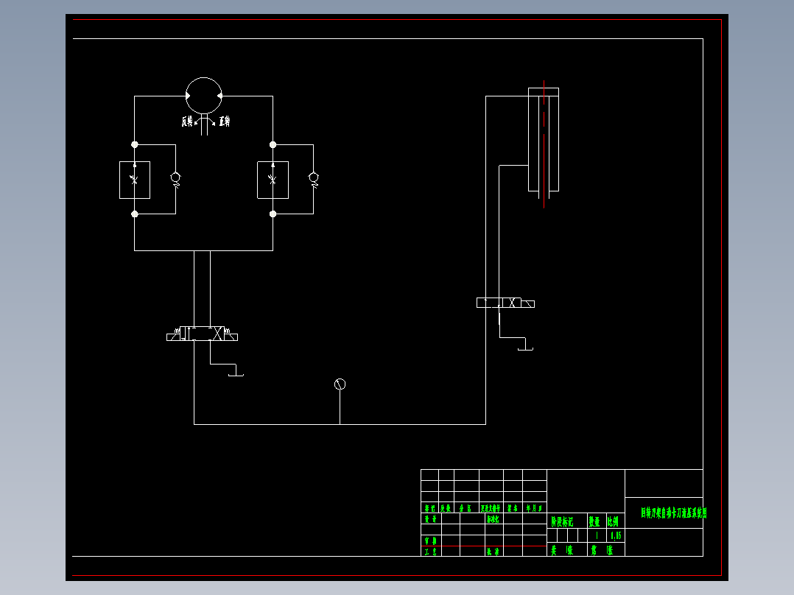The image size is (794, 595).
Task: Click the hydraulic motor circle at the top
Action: click(204, 96)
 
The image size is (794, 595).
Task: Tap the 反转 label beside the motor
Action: click(187, 122)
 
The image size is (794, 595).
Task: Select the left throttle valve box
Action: click(135, 180)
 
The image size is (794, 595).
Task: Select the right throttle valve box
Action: click(273, 180)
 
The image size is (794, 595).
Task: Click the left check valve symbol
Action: click(175, 177)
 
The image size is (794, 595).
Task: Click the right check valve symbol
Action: click(313, 177)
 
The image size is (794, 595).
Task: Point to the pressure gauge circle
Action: click(340, 384)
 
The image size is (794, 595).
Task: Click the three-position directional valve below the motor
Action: click(203, 334)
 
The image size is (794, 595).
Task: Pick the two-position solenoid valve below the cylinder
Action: click(505, 303)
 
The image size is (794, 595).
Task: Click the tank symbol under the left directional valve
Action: click(236, 373)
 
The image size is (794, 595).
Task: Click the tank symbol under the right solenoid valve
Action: click(524, 348)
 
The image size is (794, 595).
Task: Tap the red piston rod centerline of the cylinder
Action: click(544, 144)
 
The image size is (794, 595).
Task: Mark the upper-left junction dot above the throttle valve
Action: click(135, 144)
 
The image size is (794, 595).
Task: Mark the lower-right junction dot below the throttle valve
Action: click(273, 214)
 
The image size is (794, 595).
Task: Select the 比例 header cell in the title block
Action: click(614, 521)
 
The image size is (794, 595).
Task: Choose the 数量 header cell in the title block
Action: click(595, 521)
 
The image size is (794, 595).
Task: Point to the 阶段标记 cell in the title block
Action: click(566, 521)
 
